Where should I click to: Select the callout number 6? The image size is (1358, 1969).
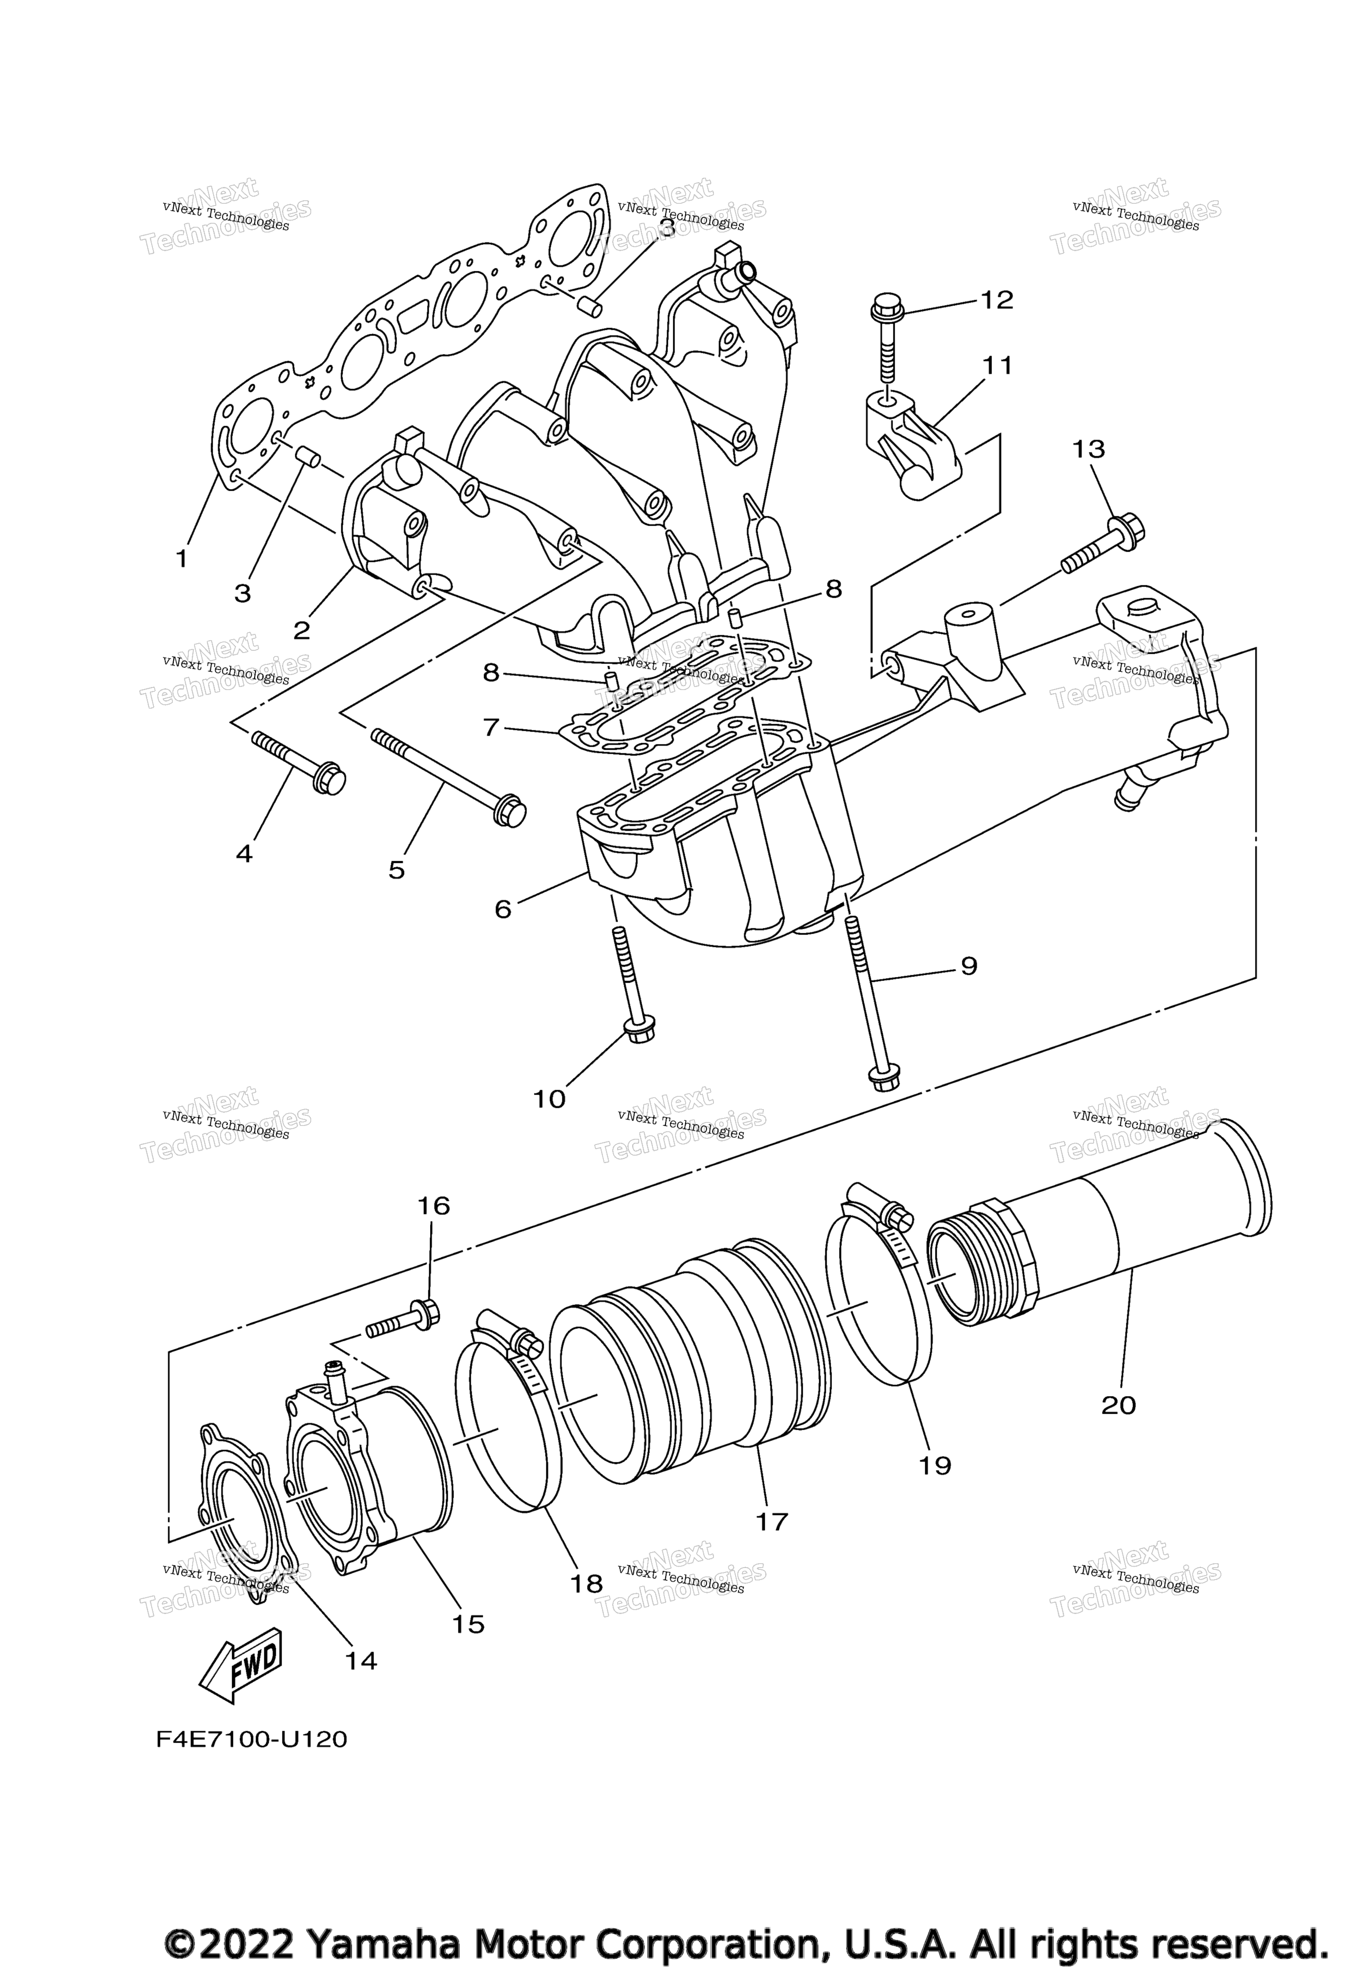click(503, 910)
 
